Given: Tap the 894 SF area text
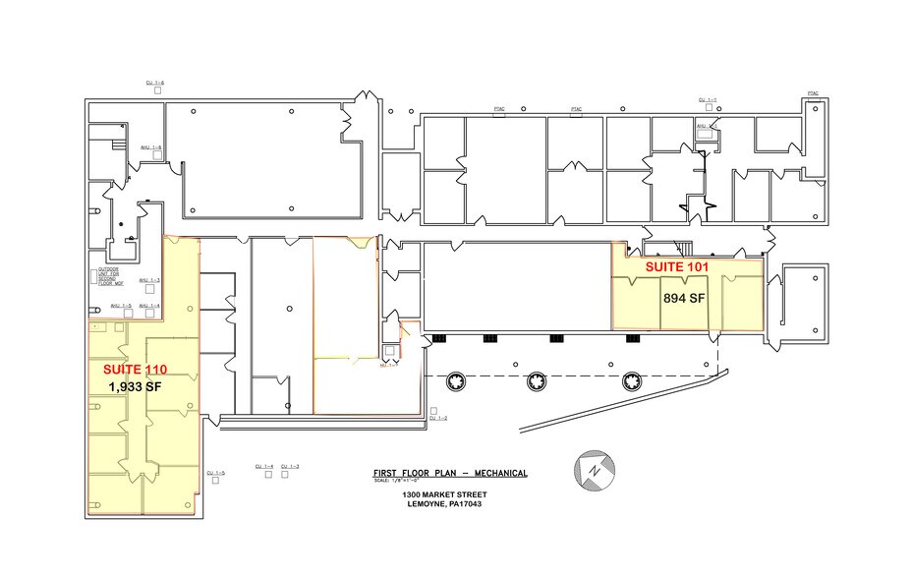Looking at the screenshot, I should click(685, 298).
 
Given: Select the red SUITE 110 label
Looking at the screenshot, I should click(136, 369).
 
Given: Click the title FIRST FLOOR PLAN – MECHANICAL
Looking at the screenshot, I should click(450, 474).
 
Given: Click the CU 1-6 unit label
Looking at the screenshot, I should click(154, 84).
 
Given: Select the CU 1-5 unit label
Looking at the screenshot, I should click(216, 474).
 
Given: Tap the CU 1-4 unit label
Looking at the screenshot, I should click(263, 466).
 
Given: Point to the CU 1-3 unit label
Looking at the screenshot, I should click(290, 466).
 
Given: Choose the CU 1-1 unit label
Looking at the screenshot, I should click(708, 100).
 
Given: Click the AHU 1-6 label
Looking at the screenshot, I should click(150, 148).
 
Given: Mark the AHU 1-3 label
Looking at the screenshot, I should click(149, 280).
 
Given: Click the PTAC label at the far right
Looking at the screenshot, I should click(813, 92).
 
